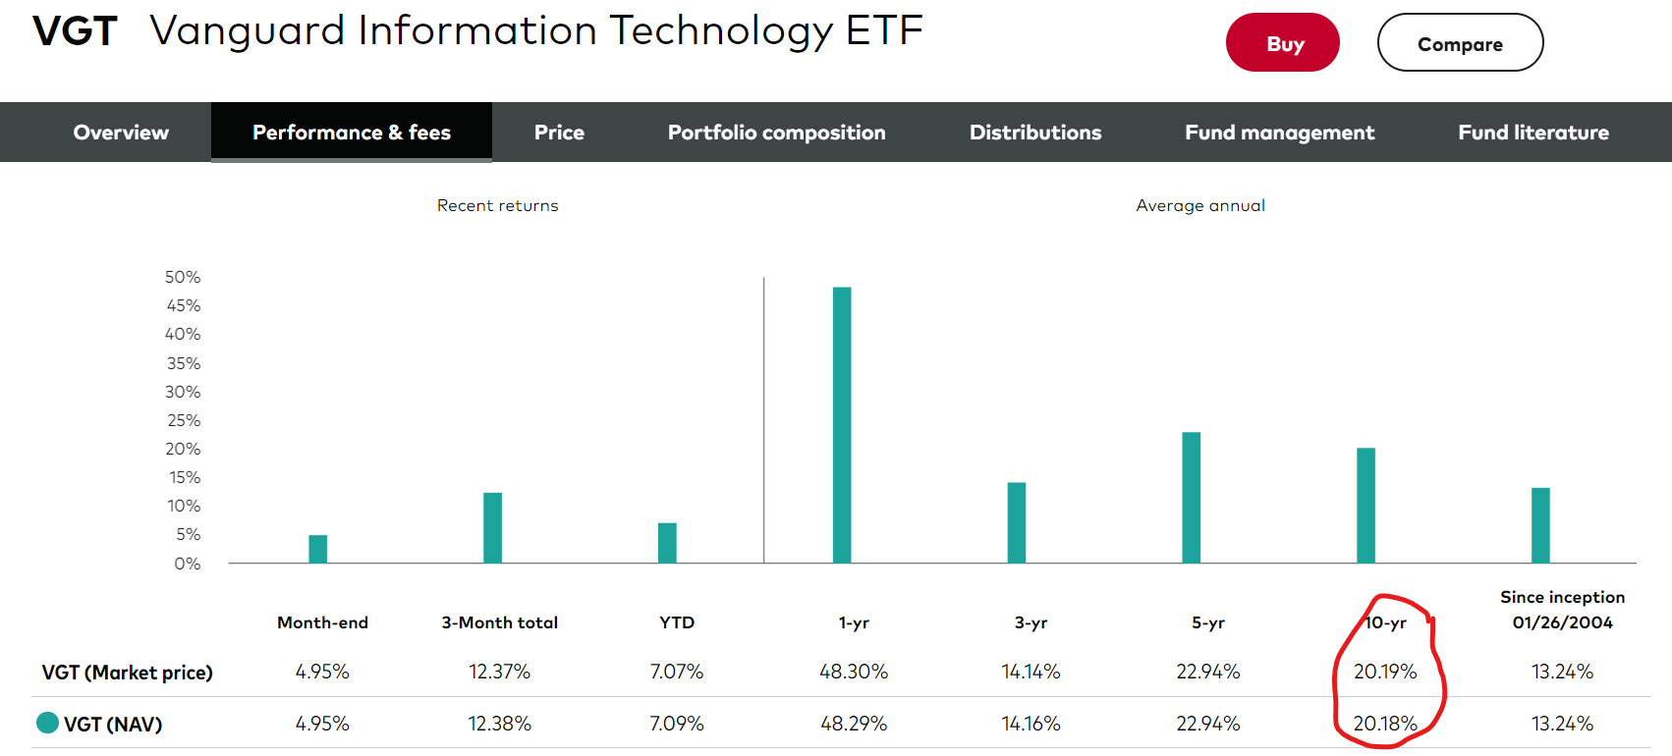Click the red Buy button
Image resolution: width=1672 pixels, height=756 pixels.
(x=1282, y=43)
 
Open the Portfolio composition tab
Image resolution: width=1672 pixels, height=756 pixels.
(x=776, y=133)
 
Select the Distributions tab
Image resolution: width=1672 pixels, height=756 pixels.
(x=1034, y=133)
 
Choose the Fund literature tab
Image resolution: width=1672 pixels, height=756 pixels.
(x=1533, y=133)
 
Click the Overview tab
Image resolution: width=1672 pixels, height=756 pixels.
(x=121, y=133)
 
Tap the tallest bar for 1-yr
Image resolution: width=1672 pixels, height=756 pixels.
(x=842, y=424)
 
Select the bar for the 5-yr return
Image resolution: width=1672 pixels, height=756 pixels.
(x=1191, y=497)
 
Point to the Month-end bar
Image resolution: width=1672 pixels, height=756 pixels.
(x=317, y=549)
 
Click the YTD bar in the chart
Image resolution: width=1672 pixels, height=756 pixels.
(x=667, y=543)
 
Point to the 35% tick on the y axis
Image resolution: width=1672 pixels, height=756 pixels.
(x=183, y=363)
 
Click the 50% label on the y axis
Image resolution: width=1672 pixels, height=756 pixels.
(x=183, y=278)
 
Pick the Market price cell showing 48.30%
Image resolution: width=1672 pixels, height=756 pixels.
(x=853, y=672)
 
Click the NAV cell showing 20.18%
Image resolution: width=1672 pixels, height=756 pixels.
(x=1384, y=724)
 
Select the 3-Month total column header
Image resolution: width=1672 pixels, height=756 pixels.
(x=499, y=622)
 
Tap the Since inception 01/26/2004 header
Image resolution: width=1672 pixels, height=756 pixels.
(x=1562, y=610)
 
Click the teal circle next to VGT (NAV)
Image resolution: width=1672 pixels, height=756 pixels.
(x=47, y=723)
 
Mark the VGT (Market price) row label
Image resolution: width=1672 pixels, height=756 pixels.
(x=127, y=673)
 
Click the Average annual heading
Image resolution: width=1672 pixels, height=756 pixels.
(x=1199, y=205)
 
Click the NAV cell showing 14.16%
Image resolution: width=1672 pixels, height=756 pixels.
(x=1031, y=724)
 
